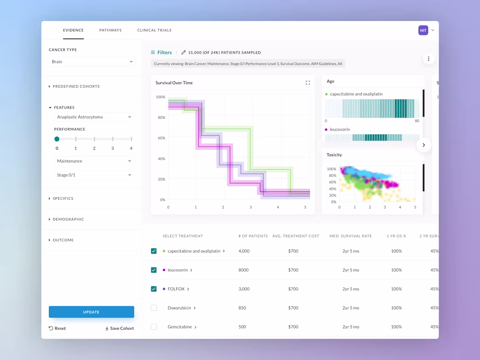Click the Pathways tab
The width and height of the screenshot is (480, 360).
click(110, 30)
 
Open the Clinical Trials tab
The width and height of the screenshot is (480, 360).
click(154, 30)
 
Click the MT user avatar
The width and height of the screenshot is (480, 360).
click(423, 30)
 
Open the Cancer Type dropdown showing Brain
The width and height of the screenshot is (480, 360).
click(92, 62)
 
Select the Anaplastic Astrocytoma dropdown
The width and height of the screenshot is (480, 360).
click(93, 117)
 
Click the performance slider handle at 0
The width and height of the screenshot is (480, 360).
click(57, 139)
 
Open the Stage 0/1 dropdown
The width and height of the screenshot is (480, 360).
click(93, 175)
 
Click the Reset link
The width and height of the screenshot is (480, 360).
click(57, 328)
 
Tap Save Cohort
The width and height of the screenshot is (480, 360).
click(119, 328)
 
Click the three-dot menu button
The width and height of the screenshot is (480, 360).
click(429, 58)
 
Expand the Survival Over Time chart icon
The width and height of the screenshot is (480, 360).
click(308, 82)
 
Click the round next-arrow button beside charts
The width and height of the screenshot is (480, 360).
click(424, 145)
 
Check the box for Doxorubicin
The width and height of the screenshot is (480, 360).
click(154, 308)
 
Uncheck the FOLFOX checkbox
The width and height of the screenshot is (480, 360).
click(154, 289)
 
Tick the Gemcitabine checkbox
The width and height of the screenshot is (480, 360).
click(154, 327)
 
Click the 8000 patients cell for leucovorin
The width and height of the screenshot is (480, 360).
click(243, 270)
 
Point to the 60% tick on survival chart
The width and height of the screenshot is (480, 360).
click(161, 138)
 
